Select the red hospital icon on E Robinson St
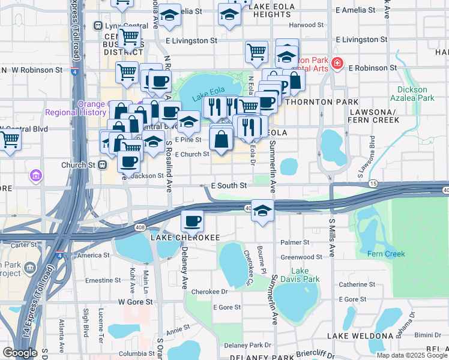pyautogui.click(x=337, y=63)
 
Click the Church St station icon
pyautogui.click(x=103, y=164)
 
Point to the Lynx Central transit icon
pyautogui.click(x=98, y=26)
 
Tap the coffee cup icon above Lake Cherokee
pyautogui.click(x=192, y=221)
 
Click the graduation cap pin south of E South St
pyautogui.click(x=262, y=211)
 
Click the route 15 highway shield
pyautogui.click(x=373, y=182)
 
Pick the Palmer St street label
pyautogui.click(x=294, y=243)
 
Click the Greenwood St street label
pyautogui.click(x=301, y=257)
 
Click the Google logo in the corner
pyautogui.click(x=20, y=353)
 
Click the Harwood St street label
pyautogui.click(x=306, y=25)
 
